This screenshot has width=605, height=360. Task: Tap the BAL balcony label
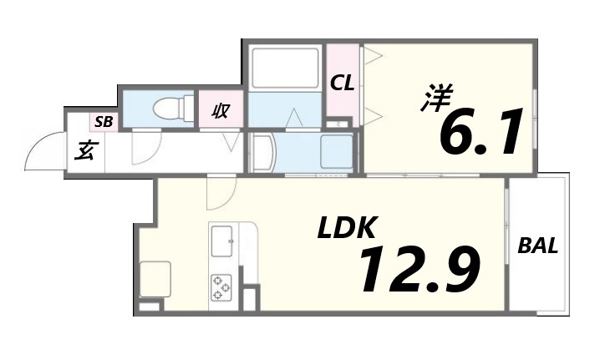[x=538, y=246]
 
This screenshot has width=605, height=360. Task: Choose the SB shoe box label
[x=104, y=121]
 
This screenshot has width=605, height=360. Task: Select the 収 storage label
[x=221, y=109]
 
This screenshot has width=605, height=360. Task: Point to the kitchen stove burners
[x=221, y=287]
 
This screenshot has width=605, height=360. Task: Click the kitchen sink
[x=223, y=241]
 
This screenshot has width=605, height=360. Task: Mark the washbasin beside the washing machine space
[x=262, y=153]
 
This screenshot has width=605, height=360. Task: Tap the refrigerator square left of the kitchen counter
[x=155, y=279]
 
